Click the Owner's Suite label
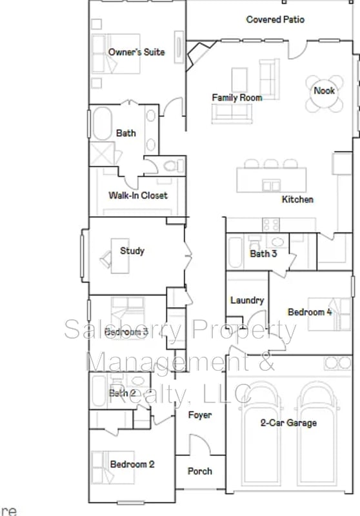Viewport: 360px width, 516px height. (136, 52)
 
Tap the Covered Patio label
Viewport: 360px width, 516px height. (275, 20)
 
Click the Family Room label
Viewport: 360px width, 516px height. (237, 97)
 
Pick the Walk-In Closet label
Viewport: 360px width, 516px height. (137, 195)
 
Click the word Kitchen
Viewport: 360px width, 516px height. (297, 199)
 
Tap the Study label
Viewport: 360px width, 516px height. (132, 251)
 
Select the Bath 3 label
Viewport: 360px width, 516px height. (263, 253)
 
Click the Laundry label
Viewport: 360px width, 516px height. (247, 300)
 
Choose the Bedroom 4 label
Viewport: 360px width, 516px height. (310, 312)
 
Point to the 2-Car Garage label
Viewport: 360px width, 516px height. (288, 423)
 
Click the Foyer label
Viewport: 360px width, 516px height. (199, 415)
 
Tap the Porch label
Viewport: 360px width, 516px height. (199, 471)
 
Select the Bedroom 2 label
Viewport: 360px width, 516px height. (132, 464)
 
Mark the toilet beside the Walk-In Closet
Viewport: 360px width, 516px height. (172, 166)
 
